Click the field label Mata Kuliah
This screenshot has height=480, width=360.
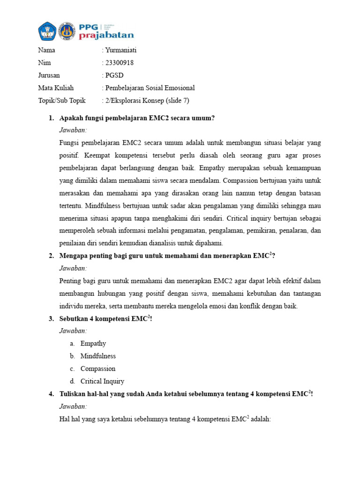pos(56,88)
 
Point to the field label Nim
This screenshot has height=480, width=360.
pos(45,63)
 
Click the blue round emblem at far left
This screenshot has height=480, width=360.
pos(47,31)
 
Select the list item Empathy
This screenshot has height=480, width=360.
pos(93,343)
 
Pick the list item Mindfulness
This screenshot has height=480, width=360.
pos(98,356)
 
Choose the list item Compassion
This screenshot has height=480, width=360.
pos(98,368)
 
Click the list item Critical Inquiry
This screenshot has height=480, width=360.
pos(102,381)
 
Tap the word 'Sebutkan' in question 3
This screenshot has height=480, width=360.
pos(74,319)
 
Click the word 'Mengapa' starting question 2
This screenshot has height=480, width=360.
pos(74,256)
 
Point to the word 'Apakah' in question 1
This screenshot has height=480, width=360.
pos(71,118)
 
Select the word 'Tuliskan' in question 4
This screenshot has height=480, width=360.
pos(73,394)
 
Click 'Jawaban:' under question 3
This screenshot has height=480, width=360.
pos(73,331)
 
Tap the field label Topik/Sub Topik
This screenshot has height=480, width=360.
pos(62,100)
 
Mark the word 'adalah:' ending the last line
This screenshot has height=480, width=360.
pos(261,419)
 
